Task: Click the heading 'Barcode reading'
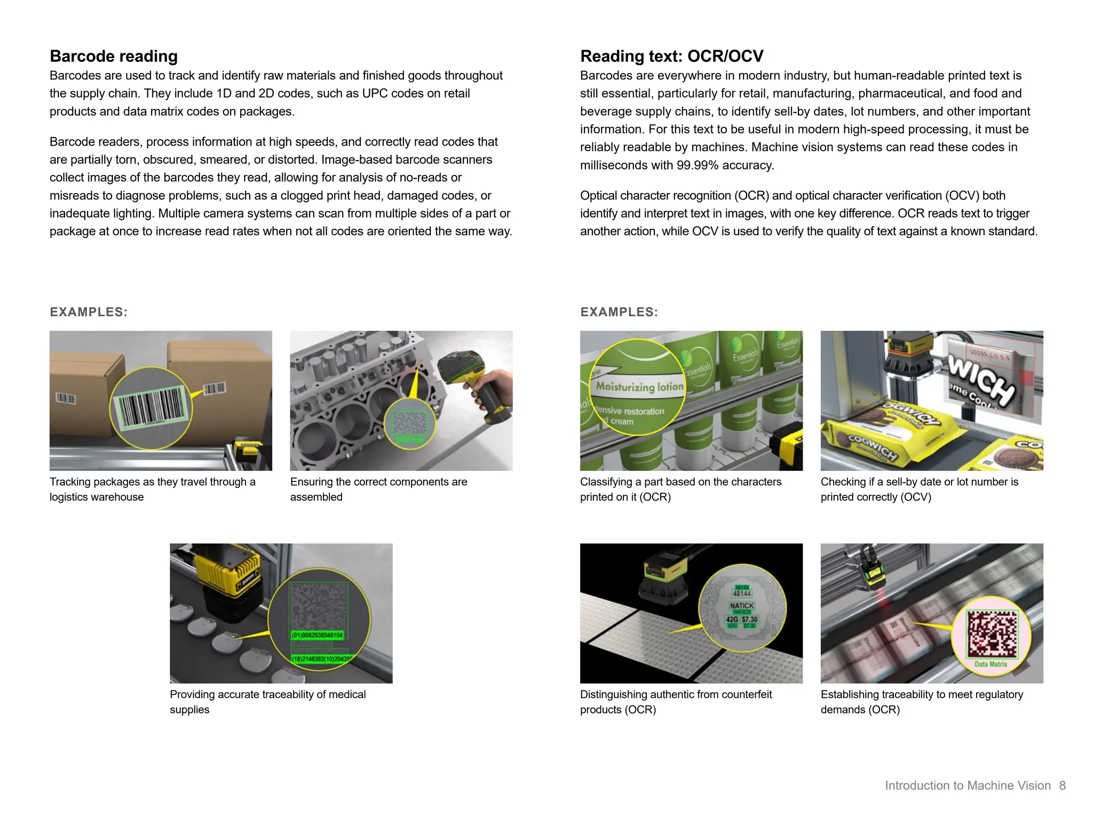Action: coord(113,56)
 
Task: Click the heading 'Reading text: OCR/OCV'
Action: coord(671,56)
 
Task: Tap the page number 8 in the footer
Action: coord(1062,785)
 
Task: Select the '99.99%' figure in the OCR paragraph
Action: coord(698,165)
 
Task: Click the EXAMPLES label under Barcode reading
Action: coord(89,312)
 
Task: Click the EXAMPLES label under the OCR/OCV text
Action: coord(619,312)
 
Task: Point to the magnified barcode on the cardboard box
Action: coord(152,408)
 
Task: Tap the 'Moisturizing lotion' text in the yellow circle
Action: coord(639,387)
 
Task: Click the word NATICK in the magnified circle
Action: coord(741,606)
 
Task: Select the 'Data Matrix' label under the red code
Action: coord(991,664)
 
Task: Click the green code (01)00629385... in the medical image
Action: coord(318,635)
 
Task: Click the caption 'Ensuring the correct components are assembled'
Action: coord(378,489)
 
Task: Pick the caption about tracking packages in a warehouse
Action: coord(152,489)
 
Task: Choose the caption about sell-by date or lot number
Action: coord(919,489)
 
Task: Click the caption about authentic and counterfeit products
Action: coord(676,702)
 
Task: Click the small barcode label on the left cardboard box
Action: coord(66,398)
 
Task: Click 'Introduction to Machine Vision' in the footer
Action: coord(967,785)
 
